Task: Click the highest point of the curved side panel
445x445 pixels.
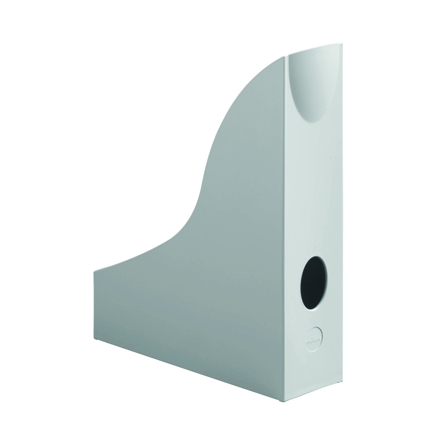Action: pos(287,56)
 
